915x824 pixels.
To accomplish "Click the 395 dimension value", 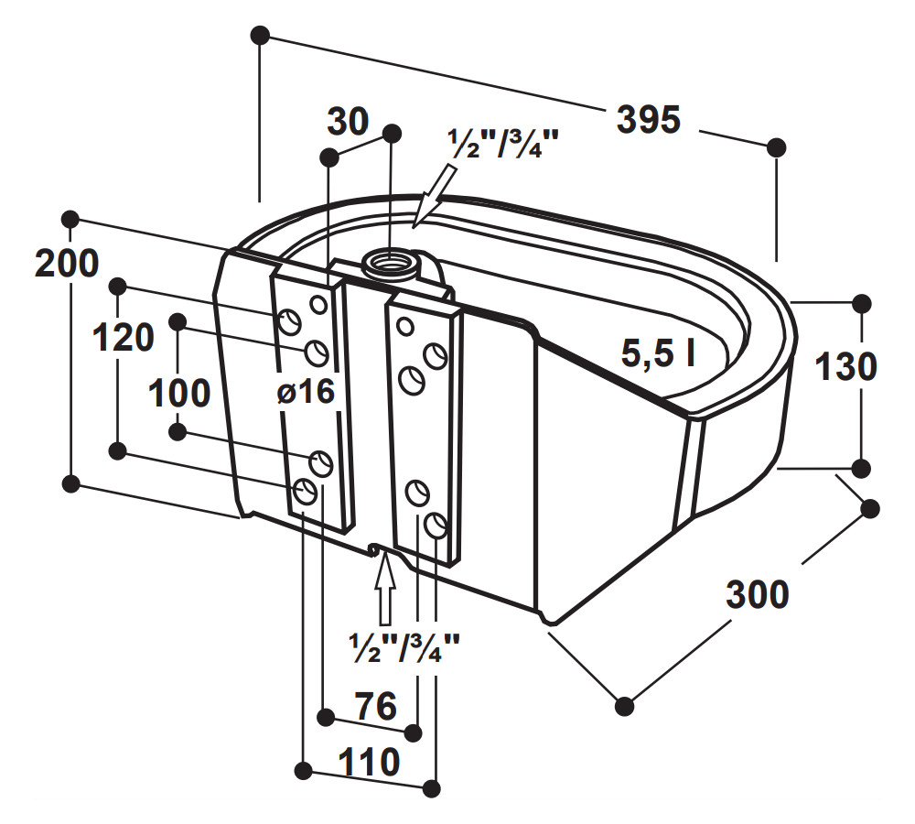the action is click(x=649, y=120).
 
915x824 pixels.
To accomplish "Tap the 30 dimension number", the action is click(x=348, y=122).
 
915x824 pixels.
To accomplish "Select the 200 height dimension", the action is click(x=67, y=264).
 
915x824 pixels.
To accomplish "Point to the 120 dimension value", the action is click(x=124, y=338).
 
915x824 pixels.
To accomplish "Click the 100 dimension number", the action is click(x=179, y=393).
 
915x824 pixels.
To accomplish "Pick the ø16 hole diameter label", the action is click(x=306, y=391).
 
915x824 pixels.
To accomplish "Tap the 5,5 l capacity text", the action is click(x=658, y=353).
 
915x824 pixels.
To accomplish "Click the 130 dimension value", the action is click(x=845, y=367).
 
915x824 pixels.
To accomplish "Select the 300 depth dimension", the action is click(x=758, y=594).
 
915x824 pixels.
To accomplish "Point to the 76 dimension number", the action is click(x=376, y=706).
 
